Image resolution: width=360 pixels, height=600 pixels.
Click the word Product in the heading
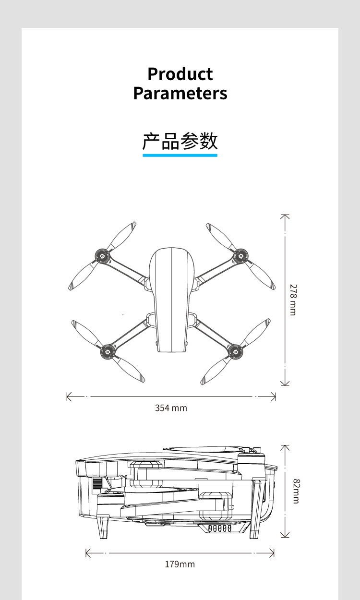point(180,74)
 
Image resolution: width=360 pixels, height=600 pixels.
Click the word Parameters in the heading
point(180,93)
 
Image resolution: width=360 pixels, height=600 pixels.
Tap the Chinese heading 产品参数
point(180,141)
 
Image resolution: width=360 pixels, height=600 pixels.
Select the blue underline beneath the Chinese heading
point(180,155)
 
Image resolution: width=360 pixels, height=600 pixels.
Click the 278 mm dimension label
point(293,300)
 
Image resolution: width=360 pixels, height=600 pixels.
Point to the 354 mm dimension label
point(171,408)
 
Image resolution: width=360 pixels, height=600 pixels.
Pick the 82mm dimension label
point(296,491)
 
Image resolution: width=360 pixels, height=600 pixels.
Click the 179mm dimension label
point(180,564)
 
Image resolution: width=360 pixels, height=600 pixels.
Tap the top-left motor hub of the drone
point(102,256)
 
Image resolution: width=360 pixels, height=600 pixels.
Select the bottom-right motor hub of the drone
point(235,351)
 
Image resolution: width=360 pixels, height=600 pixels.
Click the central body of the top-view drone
point(171,300)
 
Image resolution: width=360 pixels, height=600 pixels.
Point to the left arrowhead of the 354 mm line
point(68,397)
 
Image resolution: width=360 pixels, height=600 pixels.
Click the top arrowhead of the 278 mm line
point(285,216)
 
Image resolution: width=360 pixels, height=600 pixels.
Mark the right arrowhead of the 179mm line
point(272,553)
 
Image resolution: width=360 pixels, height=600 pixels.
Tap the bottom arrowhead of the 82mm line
point(285,535)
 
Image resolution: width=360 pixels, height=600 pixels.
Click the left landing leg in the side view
point(104,527)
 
